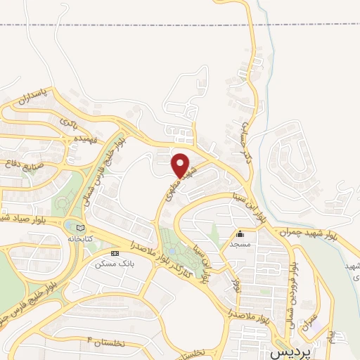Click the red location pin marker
(181, 165)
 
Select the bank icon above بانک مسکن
(115, 253)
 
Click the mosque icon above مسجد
(240, 234)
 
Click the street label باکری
(68, 124)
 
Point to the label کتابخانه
(78, 239)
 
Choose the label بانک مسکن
(114, 264)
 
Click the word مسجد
(240, 243)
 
